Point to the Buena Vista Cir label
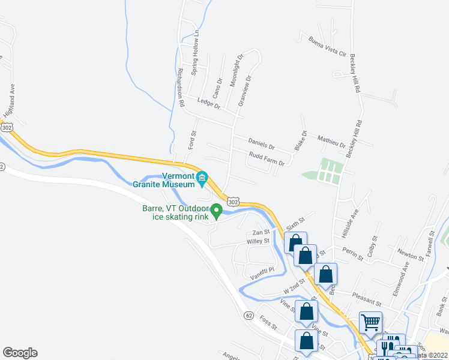pos(328,46)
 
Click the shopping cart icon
pos(370,322)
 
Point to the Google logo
pos(20,353)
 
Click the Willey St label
pos(258,241)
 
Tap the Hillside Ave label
pos(355,220)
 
